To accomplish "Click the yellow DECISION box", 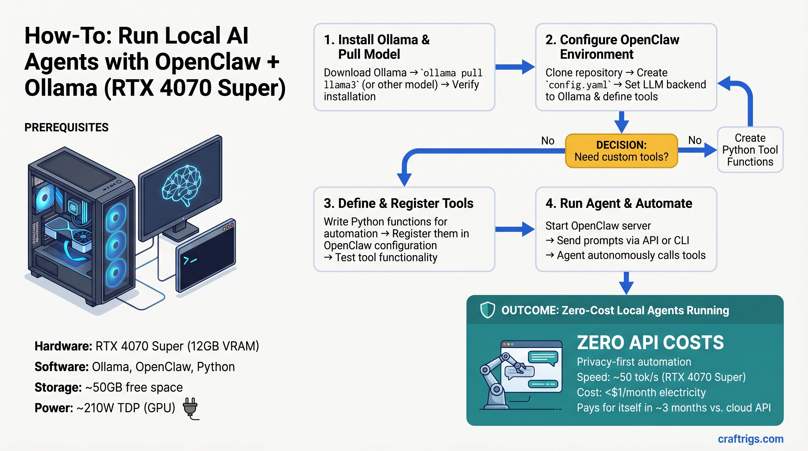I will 621,151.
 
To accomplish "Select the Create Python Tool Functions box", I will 750,150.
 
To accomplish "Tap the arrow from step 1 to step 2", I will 514,67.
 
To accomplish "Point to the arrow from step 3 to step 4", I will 514,229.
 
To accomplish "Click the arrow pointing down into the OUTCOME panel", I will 626,283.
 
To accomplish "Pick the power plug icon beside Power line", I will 190,408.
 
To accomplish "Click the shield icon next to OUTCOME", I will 487,310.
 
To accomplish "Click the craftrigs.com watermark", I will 750,438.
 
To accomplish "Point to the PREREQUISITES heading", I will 66,127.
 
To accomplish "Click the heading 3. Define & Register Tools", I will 398,203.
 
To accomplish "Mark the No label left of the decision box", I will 548,141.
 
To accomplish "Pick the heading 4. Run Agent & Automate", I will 619,203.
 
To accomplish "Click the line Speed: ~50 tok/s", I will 661,377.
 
